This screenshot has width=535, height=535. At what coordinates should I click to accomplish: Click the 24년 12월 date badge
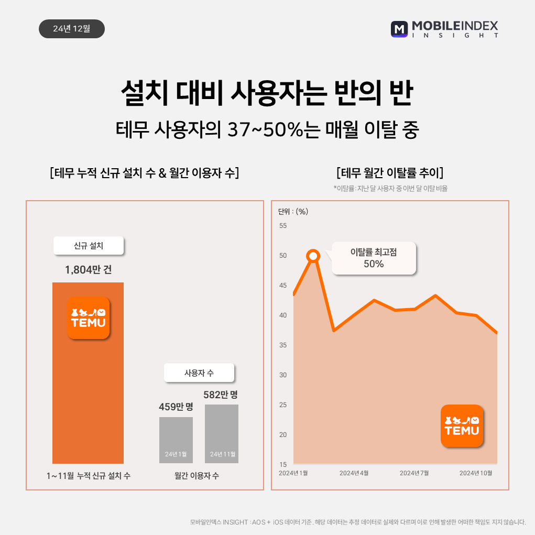coord(72,29)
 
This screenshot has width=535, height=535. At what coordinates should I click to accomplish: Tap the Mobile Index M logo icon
coord(399,29)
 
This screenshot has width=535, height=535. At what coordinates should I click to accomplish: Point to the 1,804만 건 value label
coord(88,270)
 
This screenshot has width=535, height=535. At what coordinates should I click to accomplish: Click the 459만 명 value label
coord(176,406)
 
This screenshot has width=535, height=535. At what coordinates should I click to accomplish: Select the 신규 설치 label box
coord(89,246)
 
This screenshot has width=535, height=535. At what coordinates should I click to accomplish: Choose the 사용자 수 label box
coord(199,373)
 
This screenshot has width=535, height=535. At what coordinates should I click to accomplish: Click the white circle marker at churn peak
coord(313,256)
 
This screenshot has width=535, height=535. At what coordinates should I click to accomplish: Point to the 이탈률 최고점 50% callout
coord(374,258)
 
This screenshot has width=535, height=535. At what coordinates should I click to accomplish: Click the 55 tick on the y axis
coord(283,226)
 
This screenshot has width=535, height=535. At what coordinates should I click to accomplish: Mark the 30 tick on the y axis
coord(283,375)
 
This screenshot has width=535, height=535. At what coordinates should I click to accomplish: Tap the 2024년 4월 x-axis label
coord(354,473)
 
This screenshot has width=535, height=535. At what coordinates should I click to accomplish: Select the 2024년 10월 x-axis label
coord(476,473)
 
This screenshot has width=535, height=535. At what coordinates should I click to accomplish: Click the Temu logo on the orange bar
coord(89,318)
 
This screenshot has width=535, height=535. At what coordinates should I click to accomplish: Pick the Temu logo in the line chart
coord(462,425)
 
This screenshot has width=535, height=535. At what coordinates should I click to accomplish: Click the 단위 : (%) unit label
coord(293,212)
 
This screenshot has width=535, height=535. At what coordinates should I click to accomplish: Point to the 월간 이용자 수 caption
coord(197,476)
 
